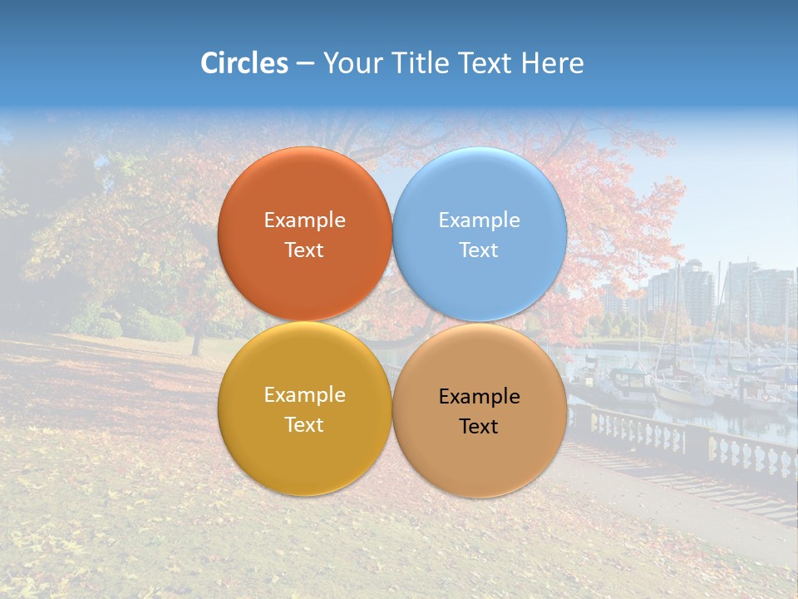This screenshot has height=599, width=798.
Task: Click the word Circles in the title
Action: [x=244, y=63]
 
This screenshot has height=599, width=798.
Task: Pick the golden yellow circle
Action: [x=305, y=449]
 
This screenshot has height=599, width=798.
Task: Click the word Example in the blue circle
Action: [x=480, y=220]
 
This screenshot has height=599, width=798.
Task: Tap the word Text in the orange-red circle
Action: [x=305, y=250]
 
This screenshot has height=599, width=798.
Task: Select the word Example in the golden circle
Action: [x=305, y=395]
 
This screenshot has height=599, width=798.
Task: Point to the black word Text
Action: [x=480, y=427]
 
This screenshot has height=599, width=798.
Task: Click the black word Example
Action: [x=480, y=397]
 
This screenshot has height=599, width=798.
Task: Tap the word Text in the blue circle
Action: [x=480, y=250]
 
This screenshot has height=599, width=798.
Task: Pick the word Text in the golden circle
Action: [x=305, y=425]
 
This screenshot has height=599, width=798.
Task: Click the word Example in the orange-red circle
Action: [x=305, y=220]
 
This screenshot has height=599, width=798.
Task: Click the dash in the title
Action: [x=305, y=63]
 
